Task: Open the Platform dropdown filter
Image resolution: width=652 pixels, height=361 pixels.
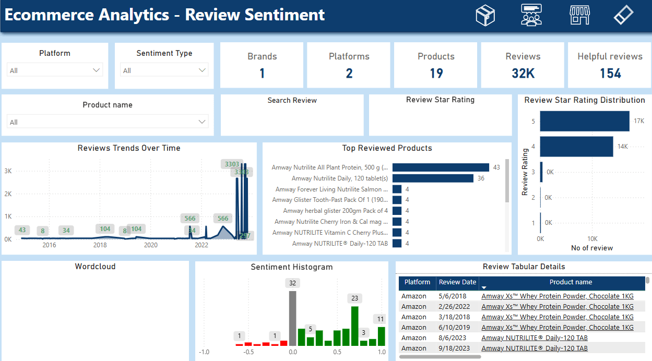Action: click(55, 70)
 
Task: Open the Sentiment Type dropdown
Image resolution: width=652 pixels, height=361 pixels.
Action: click(164, 70)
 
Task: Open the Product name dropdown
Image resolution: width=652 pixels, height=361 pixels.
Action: click(108, 122)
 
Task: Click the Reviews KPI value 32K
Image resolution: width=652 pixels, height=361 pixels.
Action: click(523, 74)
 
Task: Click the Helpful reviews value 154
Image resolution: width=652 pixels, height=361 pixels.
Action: click(610, 74)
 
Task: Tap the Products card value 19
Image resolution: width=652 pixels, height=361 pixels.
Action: click(436, 74)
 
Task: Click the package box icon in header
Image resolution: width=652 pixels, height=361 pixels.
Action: click(485, 15)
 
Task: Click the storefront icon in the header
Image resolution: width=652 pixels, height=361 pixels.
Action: click(579, 15)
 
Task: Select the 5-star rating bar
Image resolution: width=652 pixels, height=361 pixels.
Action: click(585, 121)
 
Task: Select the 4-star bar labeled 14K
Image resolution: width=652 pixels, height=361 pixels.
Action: click(576, 147)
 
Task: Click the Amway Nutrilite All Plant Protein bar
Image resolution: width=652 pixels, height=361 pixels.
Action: click(441, 167)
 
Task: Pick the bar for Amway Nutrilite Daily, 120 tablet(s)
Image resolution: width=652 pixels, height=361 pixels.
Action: click(433, 178)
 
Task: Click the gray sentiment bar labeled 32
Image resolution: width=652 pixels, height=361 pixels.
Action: click(292, 318)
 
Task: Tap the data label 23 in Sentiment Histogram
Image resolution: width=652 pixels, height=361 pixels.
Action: click(355, 298)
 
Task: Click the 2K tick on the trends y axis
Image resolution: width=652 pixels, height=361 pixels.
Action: click(8, 194)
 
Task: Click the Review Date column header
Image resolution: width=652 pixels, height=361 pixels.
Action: click(457, 282)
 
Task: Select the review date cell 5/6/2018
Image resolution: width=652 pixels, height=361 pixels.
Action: click(454, 296)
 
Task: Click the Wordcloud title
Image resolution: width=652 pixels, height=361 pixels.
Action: click(95, 267)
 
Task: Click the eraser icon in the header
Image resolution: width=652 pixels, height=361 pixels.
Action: click(623, 15)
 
